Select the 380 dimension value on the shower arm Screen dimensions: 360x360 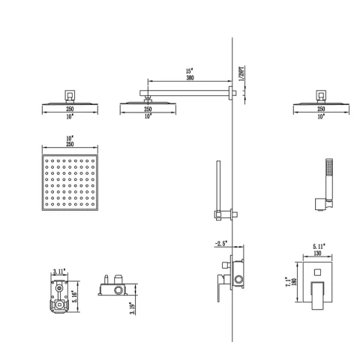point(190,82)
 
